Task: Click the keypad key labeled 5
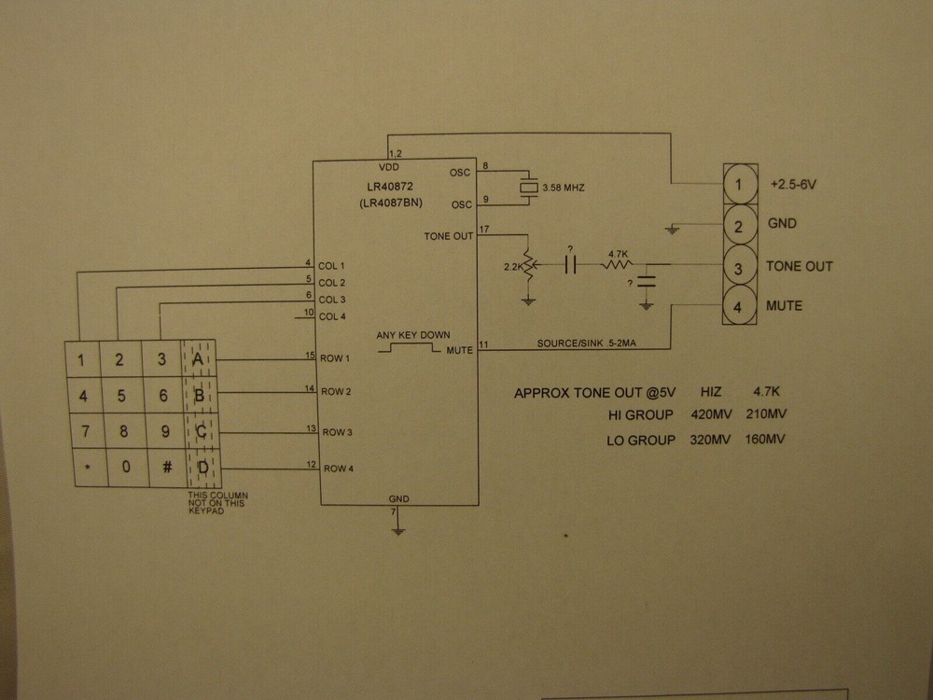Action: pos(122,396)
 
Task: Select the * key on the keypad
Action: pos(87,468)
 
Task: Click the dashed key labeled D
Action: pos(201,468)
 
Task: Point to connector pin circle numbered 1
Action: pos(739,184)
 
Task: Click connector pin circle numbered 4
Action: pos(739,305)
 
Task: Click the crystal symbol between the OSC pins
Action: pos(529,189)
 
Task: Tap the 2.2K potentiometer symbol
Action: pos(529,267)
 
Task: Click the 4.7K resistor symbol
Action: pos(617,265)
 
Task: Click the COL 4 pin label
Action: pos(331,317)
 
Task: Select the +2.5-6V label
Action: pos(793,185)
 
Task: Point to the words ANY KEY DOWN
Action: pos(412,335)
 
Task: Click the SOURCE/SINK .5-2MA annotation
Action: pos(591,343)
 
